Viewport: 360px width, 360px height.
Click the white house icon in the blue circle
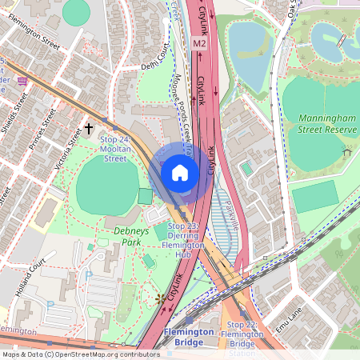[x=180, y=172]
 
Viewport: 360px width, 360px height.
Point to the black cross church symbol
[x=89, y=128]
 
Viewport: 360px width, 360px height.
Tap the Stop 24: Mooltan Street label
[x=114, y=149]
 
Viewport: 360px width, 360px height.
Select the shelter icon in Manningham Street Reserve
[x=346, y=152]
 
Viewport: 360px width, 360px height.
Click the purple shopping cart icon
[x=22, y=80]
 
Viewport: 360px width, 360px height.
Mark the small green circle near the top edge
[x=76, y=11]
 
